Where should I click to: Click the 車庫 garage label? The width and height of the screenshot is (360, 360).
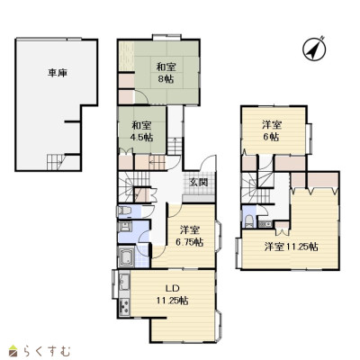(58, 73)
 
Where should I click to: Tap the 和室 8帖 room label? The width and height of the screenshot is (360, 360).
(166, 73)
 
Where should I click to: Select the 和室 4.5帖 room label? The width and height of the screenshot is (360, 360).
(141, 131)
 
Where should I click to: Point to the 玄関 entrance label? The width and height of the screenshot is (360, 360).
(198, 182)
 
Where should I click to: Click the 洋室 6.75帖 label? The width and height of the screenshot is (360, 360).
(190, 236)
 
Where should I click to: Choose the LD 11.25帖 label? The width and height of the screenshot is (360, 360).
(173, 294)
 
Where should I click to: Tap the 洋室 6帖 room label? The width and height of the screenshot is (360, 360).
(272, 130)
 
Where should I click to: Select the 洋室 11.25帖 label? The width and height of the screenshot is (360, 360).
(291, 247)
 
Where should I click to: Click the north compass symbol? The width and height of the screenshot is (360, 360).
(314, 49)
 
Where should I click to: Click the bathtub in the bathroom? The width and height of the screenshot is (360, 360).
(126, 256)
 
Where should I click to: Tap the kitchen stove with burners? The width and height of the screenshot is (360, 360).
(124, 307)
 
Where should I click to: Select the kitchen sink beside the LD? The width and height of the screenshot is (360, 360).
(124, 283)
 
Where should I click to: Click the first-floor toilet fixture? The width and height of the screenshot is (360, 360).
(124, 211)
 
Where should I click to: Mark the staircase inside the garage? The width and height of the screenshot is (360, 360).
(56, 162)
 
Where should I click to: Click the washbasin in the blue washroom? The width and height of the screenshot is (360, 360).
(124, 227)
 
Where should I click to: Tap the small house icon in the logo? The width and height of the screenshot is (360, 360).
(14, 351)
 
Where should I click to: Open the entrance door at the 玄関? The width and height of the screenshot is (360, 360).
(208, 164)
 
